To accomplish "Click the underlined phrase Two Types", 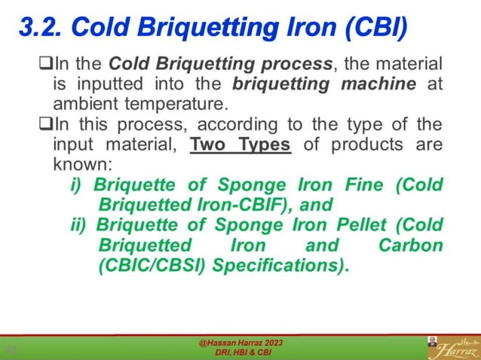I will coord(240,143).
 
